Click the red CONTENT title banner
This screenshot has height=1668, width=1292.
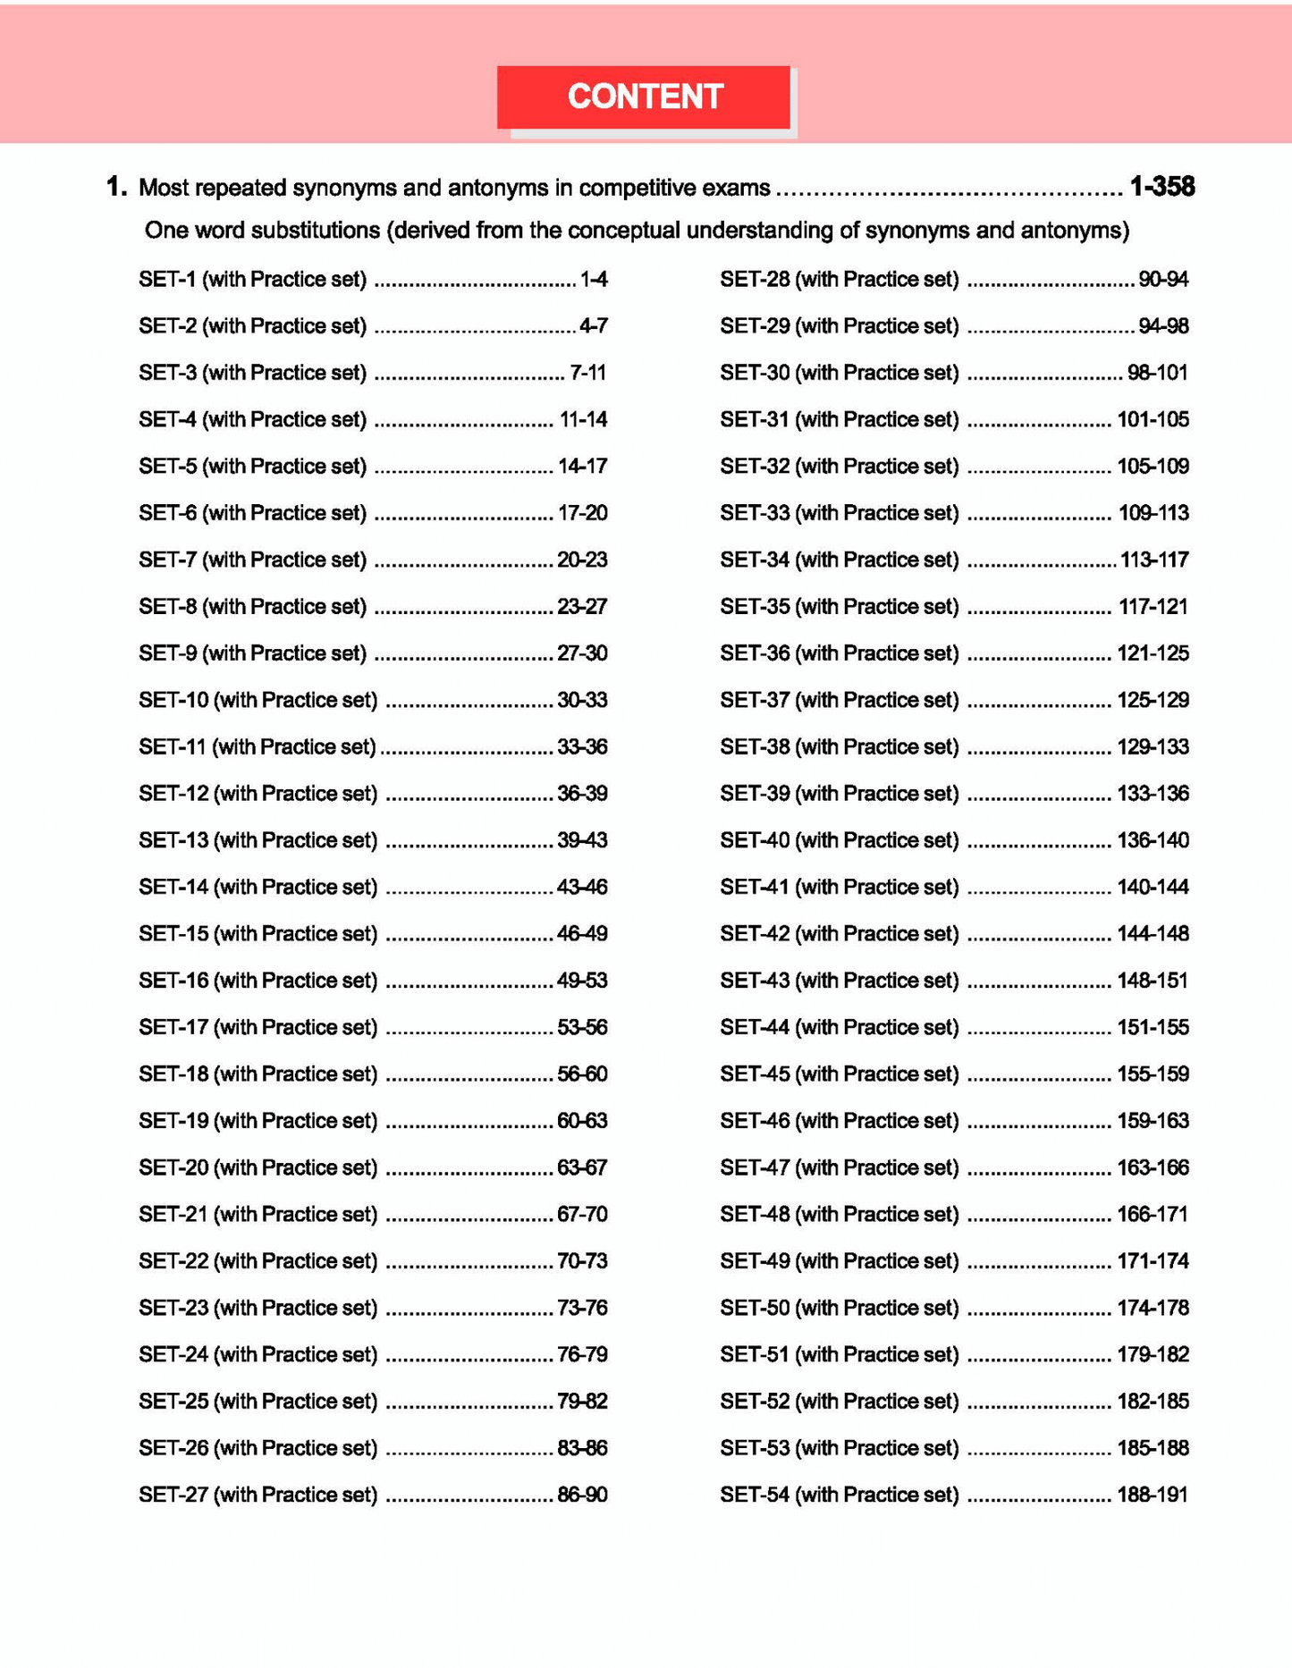point(644,97)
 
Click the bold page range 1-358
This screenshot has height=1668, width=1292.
point(1161,187)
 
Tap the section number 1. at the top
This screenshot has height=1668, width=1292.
point(116,187)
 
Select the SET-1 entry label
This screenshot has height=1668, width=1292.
point(252,280)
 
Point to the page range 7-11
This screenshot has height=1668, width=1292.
point(588,373)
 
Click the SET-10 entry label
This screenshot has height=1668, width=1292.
point(258,700)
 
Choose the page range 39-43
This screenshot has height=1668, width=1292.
point(582,840)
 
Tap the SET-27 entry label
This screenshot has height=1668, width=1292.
point(258,1495)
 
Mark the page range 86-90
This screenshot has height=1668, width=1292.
point(582,1495)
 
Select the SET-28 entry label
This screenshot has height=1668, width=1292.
point(839,280)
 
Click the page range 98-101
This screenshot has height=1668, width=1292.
point(1158,373)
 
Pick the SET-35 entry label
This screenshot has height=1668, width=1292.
point(839,607)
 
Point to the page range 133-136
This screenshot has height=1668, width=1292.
point(1153,794)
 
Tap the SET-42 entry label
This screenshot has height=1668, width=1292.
point(839,934)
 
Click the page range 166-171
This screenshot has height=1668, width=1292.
point(1153,1215)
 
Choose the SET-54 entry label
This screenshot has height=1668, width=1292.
point(839,1495)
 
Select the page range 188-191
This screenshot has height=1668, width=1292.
point(1153,1495)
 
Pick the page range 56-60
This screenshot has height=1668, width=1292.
point(582,1074)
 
